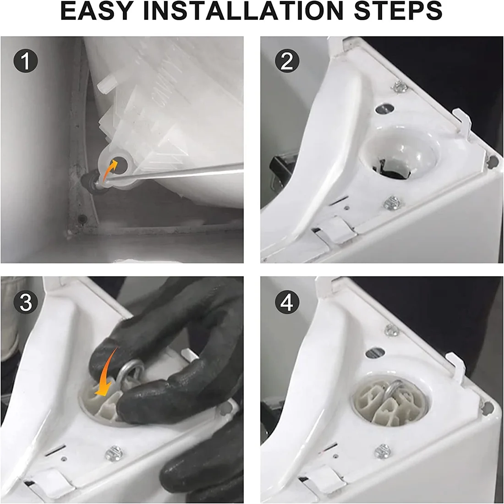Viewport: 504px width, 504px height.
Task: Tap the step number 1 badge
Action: click(26, 61)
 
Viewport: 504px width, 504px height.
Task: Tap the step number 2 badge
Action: click(287, 61)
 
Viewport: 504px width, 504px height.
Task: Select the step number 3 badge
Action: click(26, 302)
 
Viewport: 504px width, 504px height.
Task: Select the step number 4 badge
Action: click(287, 302)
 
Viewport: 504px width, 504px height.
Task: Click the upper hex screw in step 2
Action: click(399, 87)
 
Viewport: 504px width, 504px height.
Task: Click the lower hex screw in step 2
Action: click(392, 203)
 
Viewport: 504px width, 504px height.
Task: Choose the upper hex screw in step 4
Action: click(391, 330)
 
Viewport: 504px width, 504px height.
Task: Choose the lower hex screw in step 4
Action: click(383, 451)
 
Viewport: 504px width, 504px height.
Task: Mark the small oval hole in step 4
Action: click(375, 353)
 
